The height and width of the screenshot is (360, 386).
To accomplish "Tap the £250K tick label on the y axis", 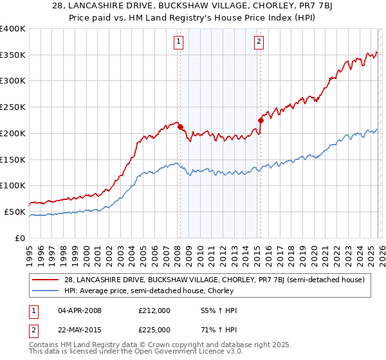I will click(x=13, y=107).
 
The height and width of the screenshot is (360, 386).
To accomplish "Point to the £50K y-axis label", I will click(x=15, y=212).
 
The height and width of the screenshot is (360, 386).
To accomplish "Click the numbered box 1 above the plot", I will click(x=178, y=42).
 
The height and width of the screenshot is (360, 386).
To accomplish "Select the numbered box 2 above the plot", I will click(x=259, y=42).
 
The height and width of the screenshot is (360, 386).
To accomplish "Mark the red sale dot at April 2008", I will click(x=180, y=127).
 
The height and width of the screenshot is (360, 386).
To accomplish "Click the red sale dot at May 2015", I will click(x=261, y=120).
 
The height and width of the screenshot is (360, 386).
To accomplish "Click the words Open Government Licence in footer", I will click(x=188, y=354).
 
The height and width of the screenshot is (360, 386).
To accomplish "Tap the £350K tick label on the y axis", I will click(x=13, y=55).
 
